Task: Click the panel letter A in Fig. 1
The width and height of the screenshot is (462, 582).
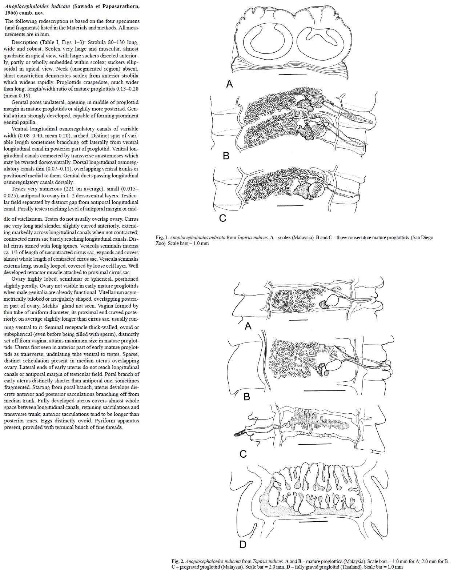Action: click(x=229, y=84)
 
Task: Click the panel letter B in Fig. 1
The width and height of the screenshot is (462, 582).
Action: click(x=226, y=156)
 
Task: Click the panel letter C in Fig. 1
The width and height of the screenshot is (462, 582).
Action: click(x=223, y=218)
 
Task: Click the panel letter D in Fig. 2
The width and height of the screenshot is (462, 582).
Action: click(x=243, y=544)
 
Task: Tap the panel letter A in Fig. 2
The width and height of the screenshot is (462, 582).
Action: click(x=248, y=326)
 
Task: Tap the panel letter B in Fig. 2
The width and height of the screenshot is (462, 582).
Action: click(x=247, y=397)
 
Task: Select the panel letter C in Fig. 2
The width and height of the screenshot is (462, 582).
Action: click(x=243, y=454)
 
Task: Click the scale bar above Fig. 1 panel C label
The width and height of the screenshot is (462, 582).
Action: click(x=290, y=206)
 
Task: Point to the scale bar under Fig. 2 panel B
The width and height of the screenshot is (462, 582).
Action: click(x=324, y=391)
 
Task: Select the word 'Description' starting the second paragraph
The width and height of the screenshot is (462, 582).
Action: click(x=24, y=42)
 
